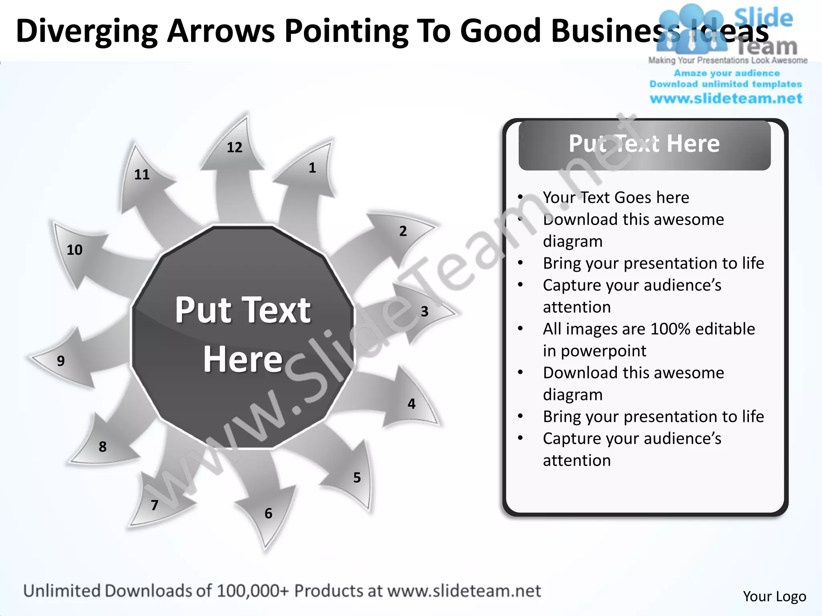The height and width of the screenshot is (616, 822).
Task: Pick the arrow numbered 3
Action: click(x=417, y=313)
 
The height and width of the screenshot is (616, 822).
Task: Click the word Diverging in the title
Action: click(x=87, y=31)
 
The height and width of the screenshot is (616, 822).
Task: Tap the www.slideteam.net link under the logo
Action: click(x=726, y=99)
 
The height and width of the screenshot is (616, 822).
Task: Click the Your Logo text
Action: click(x=774, y=596)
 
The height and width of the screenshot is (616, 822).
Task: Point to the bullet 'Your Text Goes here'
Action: click(x=616, y=197)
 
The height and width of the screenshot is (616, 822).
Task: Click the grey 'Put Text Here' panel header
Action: click(x=644, y=145)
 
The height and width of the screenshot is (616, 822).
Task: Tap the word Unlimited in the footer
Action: click(x=61, y=591)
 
